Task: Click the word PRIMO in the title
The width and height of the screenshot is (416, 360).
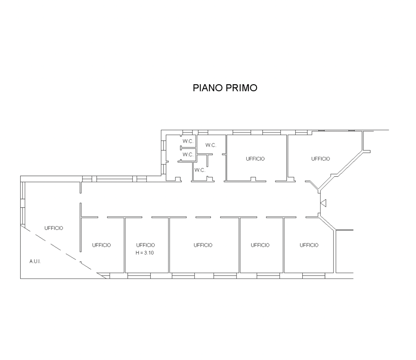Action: coord(241,88)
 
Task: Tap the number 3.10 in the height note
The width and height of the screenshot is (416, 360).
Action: coord(149,253)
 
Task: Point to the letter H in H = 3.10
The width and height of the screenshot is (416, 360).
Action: coord(137,253)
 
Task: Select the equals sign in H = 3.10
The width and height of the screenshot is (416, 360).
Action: coord(141,253)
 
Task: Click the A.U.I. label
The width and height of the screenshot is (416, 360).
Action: coord(35,261)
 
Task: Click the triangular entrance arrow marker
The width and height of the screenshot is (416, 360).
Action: coord(323,203)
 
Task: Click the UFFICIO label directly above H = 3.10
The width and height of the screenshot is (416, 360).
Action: coord(146,245)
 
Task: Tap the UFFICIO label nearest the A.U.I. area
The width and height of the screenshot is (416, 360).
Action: coord(54,228)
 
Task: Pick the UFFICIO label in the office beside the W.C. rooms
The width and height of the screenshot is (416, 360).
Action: coord(255,159)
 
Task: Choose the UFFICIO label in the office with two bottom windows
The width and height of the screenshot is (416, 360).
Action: coord(203,245)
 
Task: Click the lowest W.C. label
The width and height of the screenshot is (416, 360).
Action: coord(200,170)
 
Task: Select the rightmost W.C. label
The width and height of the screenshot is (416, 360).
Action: coord(211,145)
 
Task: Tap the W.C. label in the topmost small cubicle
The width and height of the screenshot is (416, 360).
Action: coord(188,141)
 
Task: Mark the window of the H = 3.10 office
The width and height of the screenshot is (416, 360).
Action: coord(139,276)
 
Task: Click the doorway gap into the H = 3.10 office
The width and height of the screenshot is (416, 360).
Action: coord(147,217)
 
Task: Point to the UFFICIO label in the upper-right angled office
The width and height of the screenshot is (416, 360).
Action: coord(320,159)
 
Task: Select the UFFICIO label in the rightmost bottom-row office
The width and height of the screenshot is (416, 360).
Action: coord(309,245)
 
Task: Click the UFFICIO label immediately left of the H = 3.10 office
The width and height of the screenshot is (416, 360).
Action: coord(101,245)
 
